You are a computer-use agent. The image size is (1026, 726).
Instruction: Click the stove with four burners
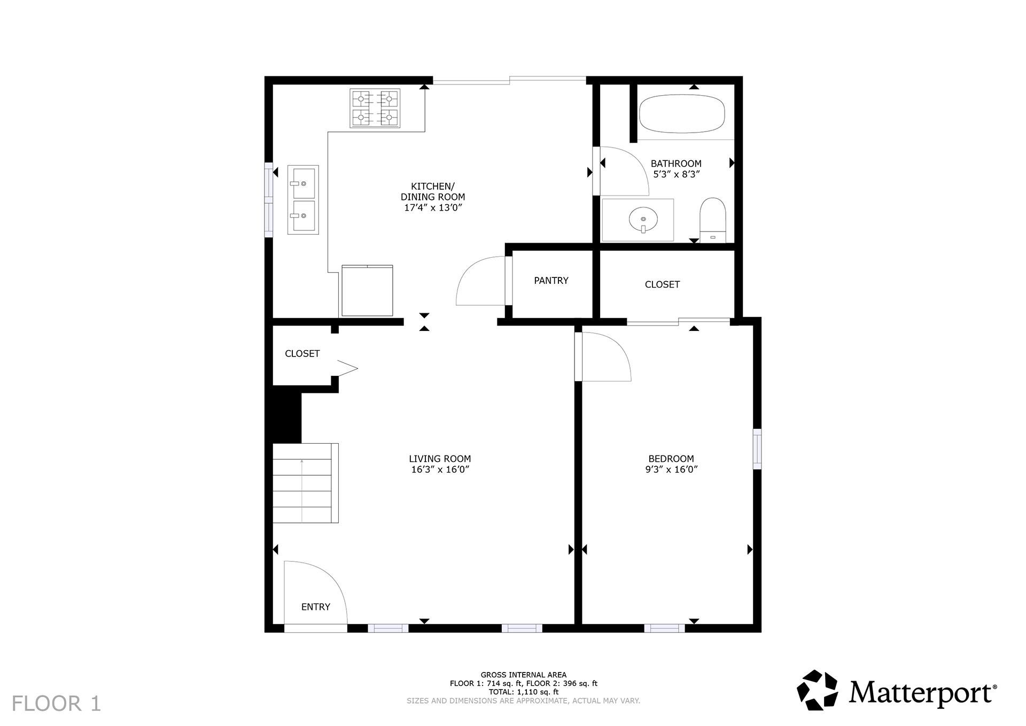click(x=375, y=108)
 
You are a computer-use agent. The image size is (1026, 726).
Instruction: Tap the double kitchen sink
click(x=303, y=199)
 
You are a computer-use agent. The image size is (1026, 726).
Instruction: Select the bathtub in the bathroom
click(x=682, y=114)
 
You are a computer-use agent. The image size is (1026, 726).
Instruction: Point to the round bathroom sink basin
click(x=643, y=219)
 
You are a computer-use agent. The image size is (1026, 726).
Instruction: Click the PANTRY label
click(x=551, y=281)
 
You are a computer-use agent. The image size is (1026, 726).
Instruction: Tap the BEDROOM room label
click(x=671, y=459)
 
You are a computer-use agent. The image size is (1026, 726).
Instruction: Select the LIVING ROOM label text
click(x=440, y=459)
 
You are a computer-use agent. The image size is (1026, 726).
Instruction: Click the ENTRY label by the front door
click(x=315, y=607)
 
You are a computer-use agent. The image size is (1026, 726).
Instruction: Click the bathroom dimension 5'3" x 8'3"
click(x=676, y=174)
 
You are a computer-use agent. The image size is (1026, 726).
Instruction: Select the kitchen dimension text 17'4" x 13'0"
click(x=433, y=208)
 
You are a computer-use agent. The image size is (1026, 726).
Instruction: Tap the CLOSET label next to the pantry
click(x=662, y=284)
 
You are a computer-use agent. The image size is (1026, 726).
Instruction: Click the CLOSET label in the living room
click(x=302, y=353)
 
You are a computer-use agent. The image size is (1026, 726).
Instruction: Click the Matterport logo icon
click(x=817, y=690)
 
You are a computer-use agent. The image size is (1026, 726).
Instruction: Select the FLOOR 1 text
click(x=56, y=704)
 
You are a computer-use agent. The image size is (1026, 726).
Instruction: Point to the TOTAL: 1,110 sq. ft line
click(x=523, y=692)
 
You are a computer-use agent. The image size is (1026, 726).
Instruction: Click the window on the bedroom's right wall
click(x=757, y=449)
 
